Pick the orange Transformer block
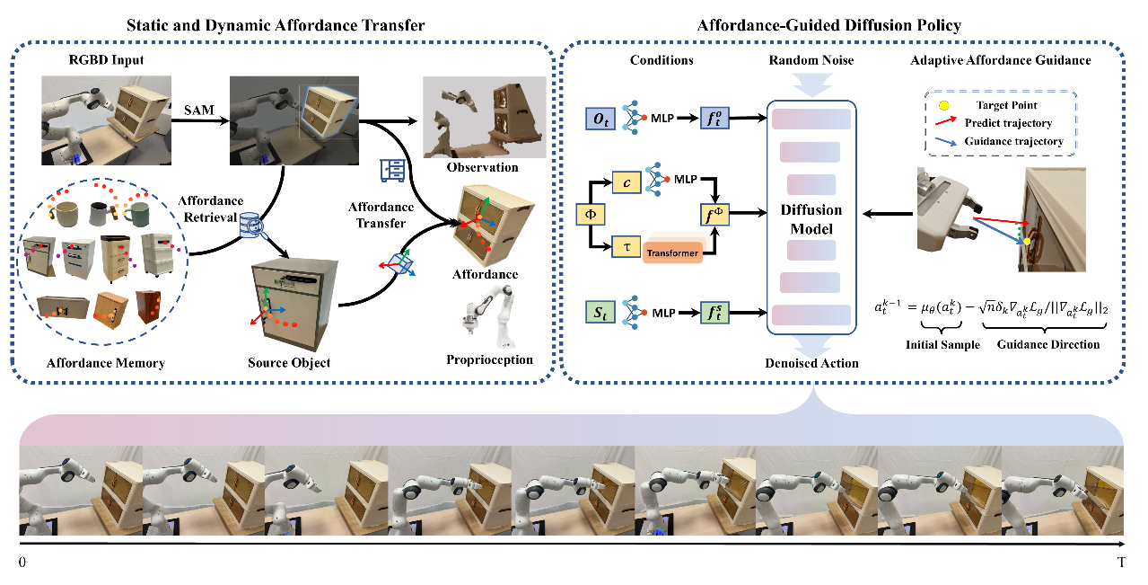pyautogui.click(x=672, y=252)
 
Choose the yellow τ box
pyautogui.click(x=626, y=244)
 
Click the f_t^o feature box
pyautogui.click(x=714, y=118)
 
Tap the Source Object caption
pyautogui.click(x=288, y=363)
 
